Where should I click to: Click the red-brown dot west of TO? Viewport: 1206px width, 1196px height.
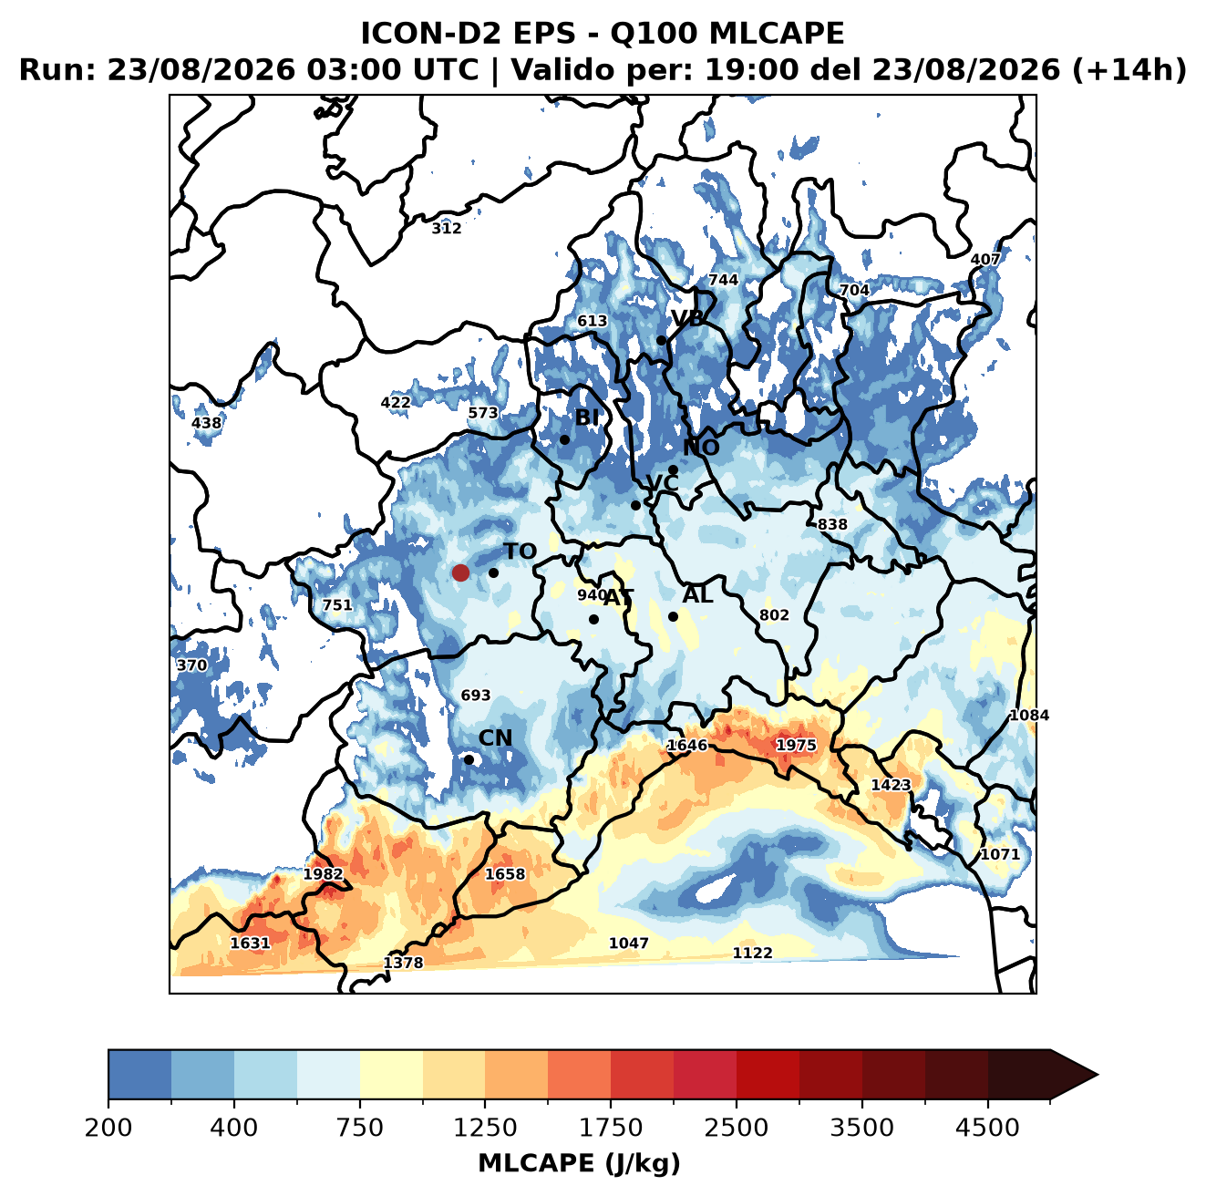click(460, 572)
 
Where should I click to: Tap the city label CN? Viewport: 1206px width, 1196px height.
click(495, 738)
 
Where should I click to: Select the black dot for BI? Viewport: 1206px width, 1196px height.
click(564, 440)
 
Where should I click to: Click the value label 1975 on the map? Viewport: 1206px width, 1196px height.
click(796, 746)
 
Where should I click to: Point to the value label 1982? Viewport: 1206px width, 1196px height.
click(323, 874)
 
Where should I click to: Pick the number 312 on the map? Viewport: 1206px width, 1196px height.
click(447, 229)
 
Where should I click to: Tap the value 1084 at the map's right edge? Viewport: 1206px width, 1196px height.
click(1029, 716)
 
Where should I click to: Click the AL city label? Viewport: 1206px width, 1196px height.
click(697, 594)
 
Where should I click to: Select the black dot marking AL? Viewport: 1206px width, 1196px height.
click(673, 617)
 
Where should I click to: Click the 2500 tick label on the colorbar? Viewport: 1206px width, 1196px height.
click(736, 1127)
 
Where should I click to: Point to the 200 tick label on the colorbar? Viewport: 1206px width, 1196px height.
click(108, 1127)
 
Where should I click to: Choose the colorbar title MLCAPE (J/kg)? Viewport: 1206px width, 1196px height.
click(579, 1163)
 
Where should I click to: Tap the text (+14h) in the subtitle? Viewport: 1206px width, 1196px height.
click(1129, 70)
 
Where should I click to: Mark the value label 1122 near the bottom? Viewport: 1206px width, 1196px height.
click(752, 954)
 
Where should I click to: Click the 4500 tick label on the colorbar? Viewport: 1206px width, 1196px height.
click(987, 1127)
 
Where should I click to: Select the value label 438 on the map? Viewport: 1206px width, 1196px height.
click(206, 423)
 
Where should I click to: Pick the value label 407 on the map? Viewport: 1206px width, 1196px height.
click(985, 259)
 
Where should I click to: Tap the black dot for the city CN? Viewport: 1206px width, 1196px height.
click(469, 759)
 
